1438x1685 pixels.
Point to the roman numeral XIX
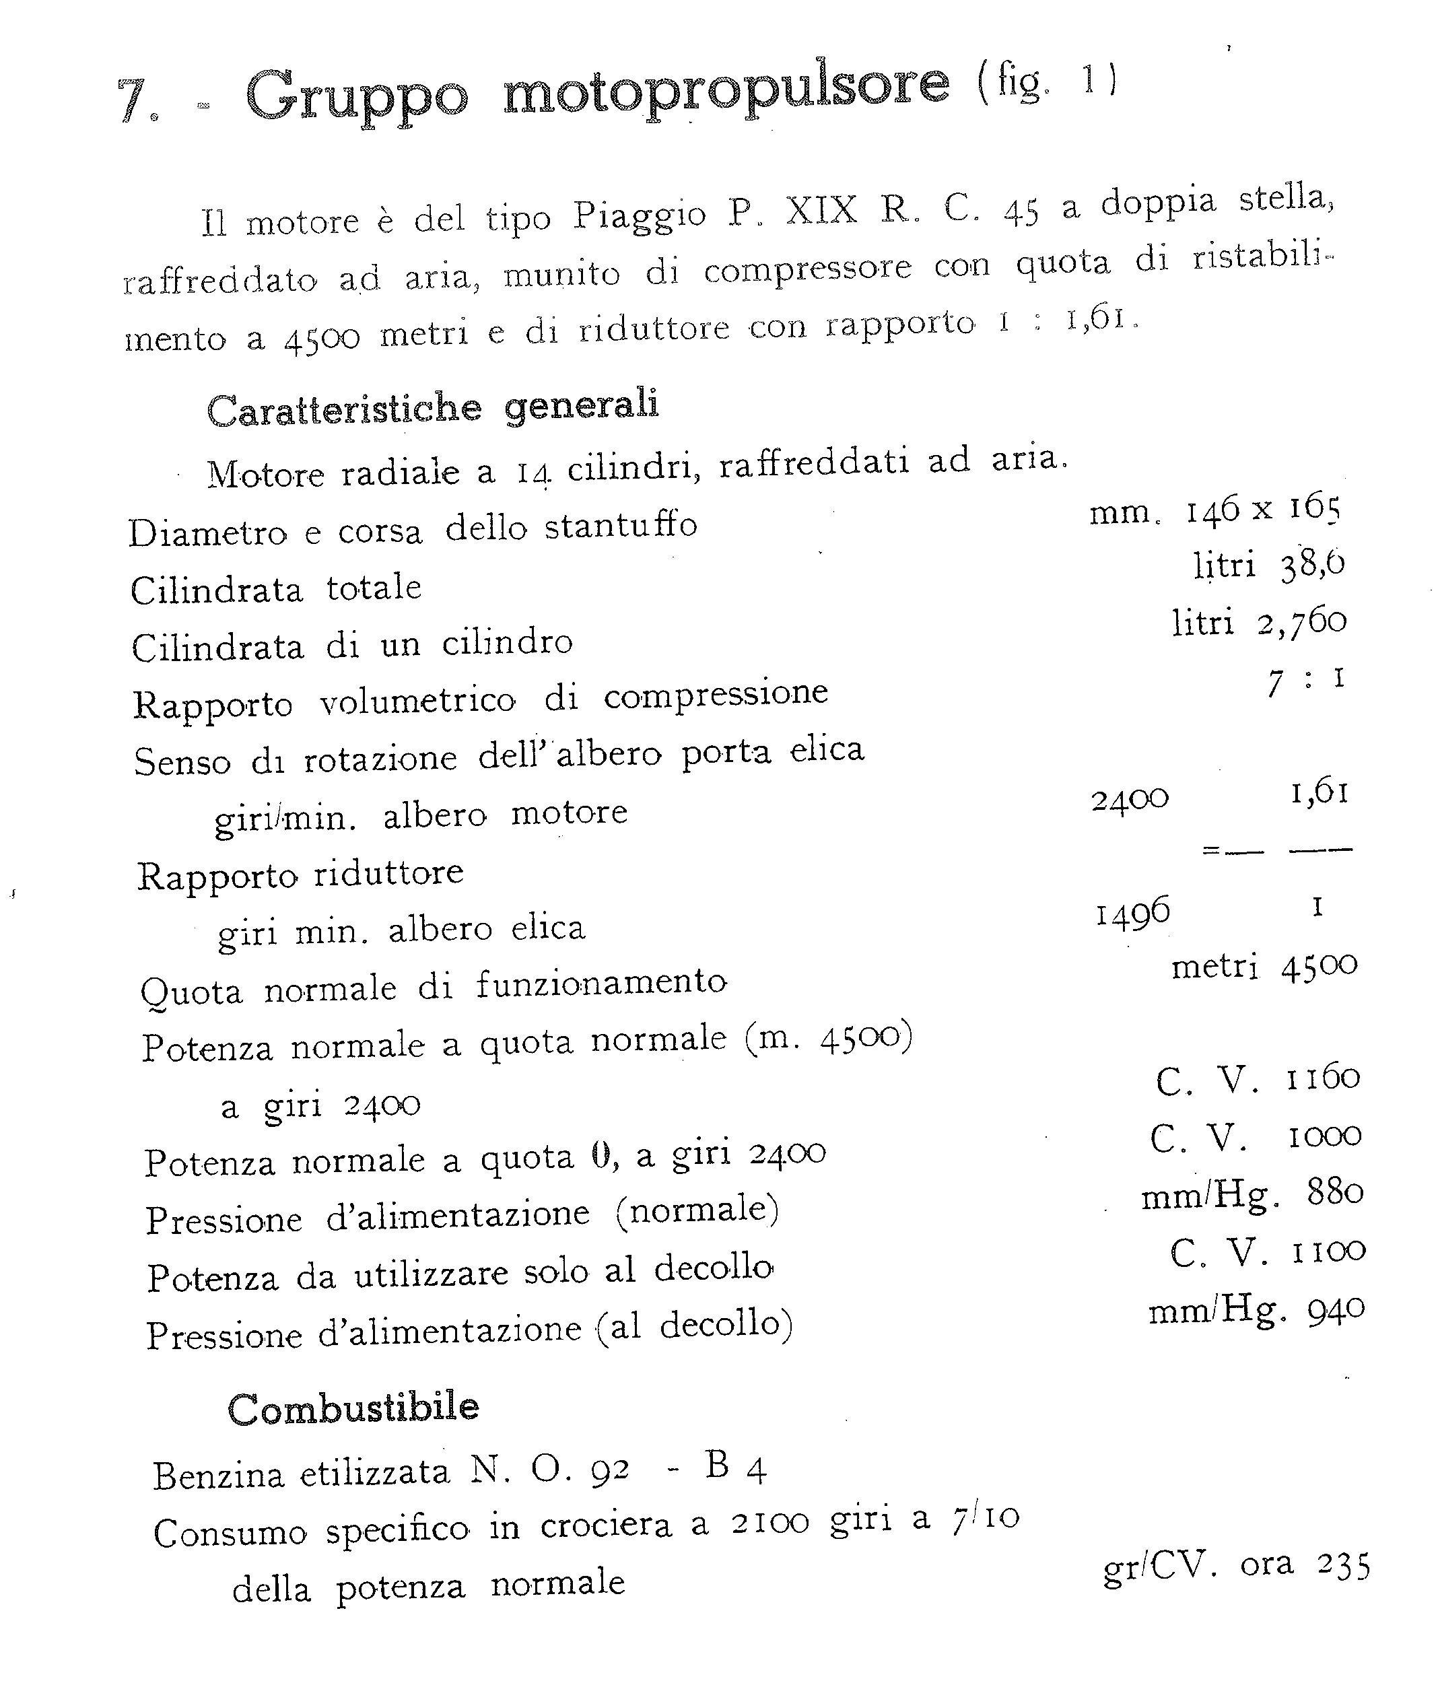821,211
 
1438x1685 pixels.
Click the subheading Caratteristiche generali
433,407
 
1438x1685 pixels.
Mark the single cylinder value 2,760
1301,622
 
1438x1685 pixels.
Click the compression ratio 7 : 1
1305,680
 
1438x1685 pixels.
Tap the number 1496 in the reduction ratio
1132,912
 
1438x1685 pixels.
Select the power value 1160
1324,1078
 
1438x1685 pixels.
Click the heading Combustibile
353,1408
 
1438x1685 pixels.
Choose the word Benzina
218,1474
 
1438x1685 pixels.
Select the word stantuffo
621,525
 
